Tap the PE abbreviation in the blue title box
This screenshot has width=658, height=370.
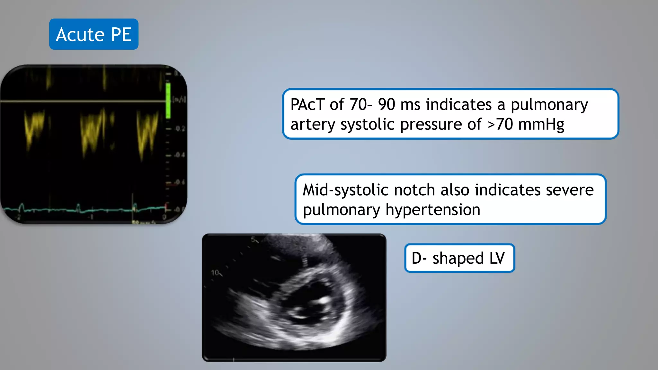121,35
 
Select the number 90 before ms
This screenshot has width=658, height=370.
387,105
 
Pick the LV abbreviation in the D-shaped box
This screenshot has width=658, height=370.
497,258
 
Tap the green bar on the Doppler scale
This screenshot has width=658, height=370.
168,101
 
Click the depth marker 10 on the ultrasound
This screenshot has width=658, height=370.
215,273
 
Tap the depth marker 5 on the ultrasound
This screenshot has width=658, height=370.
253,239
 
